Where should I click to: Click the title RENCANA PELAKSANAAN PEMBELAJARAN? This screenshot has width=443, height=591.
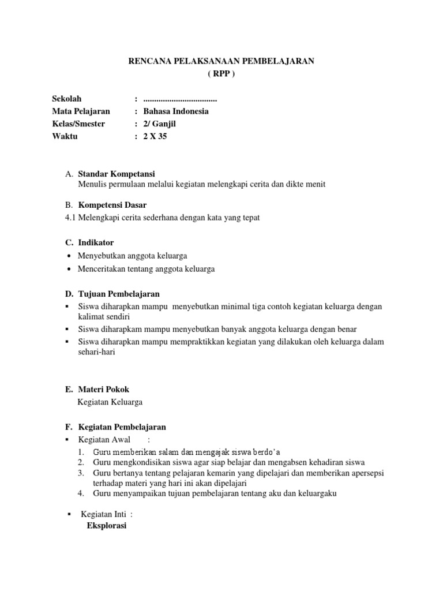click(221, 61)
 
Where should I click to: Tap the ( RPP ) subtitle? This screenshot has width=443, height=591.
click(221, 74)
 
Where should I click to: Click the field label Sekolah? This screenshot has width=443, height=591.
click(67, 99)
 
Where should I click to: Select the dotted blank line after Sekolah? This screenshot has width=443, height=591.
click(180, 99)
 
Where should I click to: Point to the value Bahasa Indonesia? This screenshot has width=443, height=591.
click(176, 111)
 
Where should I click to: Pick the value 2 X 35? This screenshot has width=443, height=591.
click(155, 137)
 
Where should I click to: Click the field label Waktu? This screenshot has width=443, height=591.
click(65, 137)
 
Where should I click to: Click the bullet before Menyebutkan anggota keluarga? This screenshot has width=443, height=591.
click(69, 256)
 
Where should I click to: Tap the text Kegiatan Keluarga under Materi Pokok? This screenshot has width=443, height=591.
click(110, 402)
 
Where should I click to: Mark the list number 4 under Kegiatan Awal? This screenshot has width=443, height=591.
click(81, 493)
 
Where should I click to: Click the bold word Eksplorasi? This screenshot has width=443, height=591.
click(106, 526)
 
